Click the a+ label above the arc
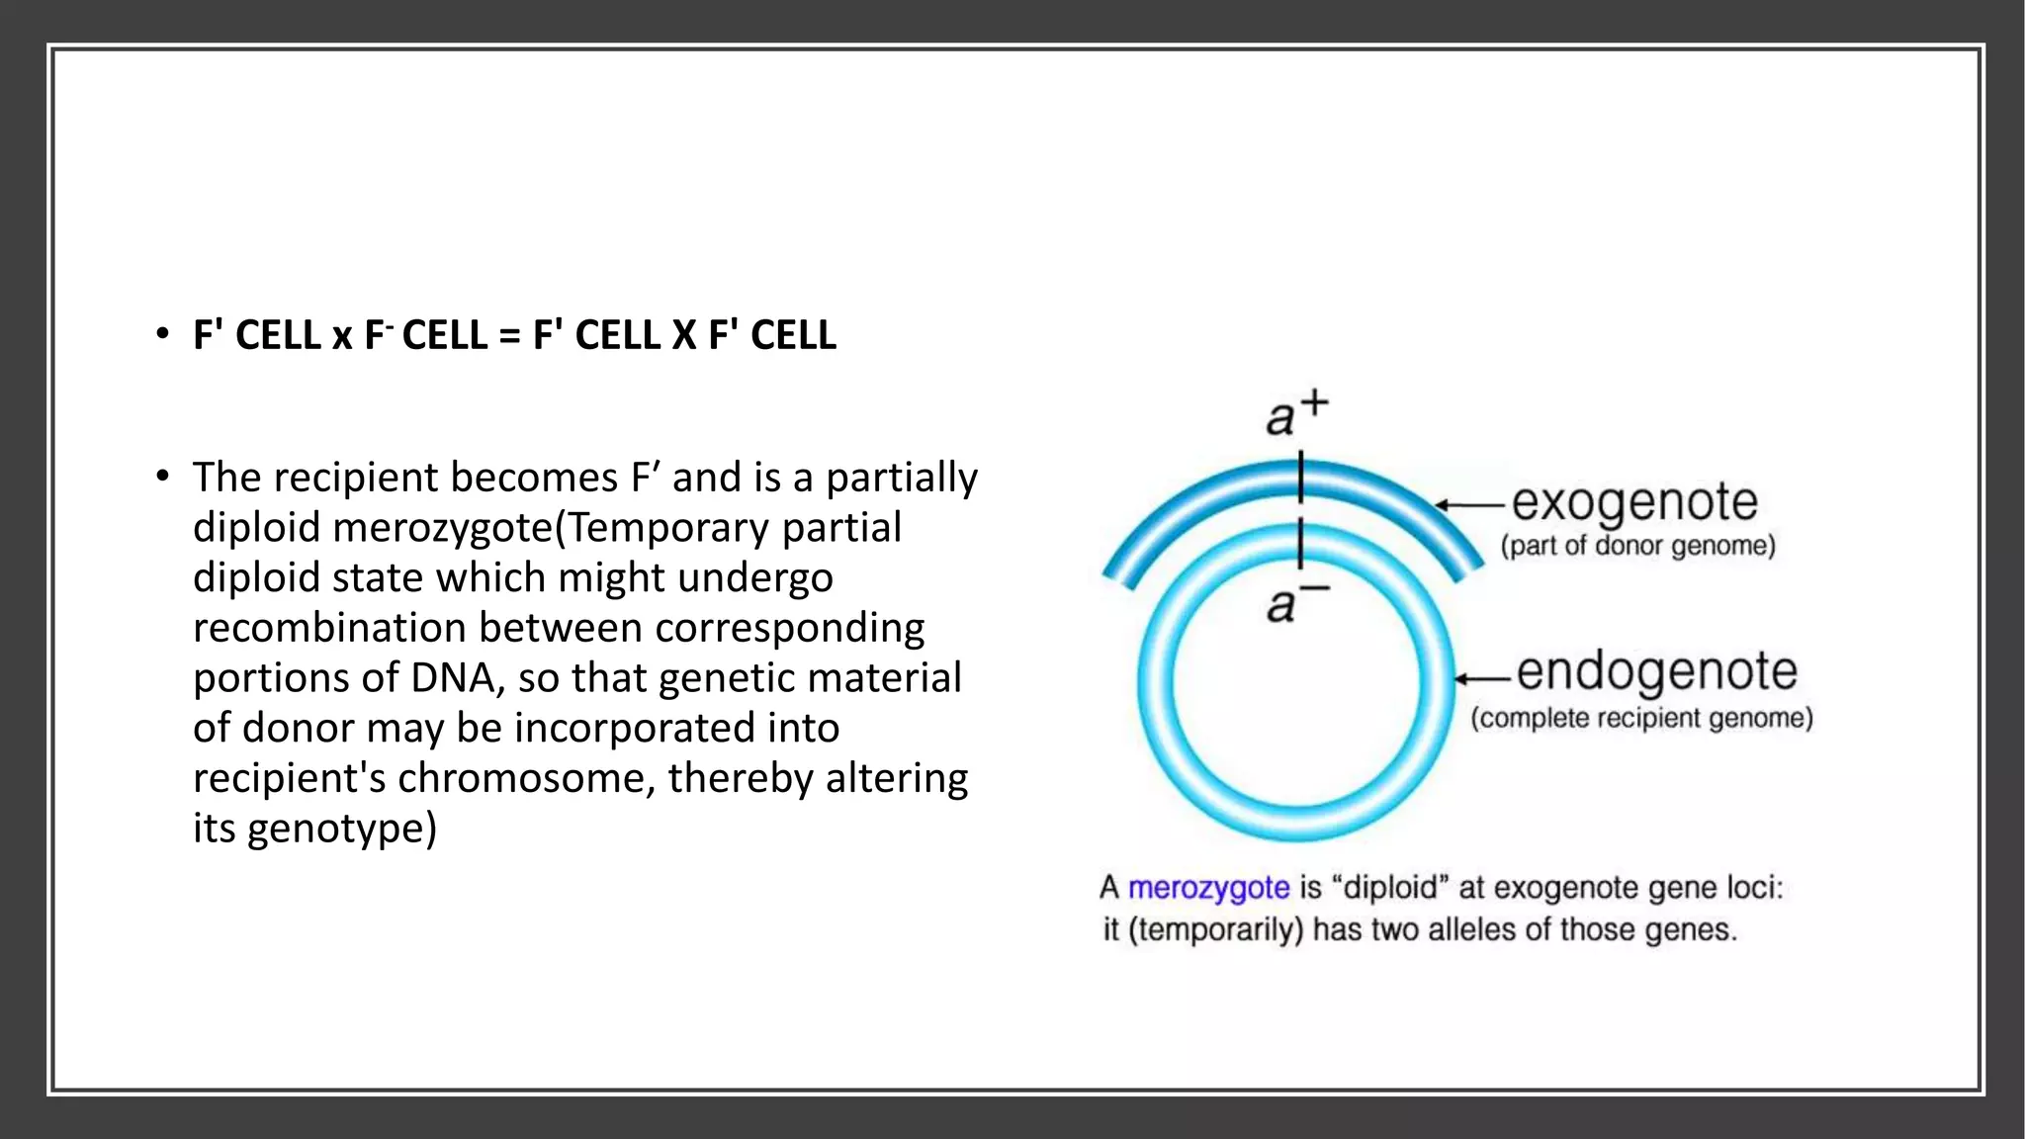(x=1296, y=413)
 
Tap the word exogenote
(x=1633, y=502)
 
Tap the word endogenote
(x=1656, y=671)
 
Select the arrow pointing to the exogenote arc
(x=1470, y=505)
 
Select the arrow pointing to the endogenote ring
(x=1482, y=678)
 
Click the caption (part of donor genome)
(x=1637, y=546)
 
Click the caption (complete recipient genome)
(x=1641, y=718)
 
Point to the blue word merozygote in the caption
(x=1208, y=888)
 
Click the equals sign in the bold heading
(x=509, y=335)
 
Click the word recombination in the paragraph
(x=329, y=628)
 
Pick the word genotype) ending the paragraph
(x=341, y=829)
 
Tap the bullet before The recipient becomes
(x=162, y=478)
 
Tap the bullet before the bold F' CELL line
(x=162, y=335)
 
